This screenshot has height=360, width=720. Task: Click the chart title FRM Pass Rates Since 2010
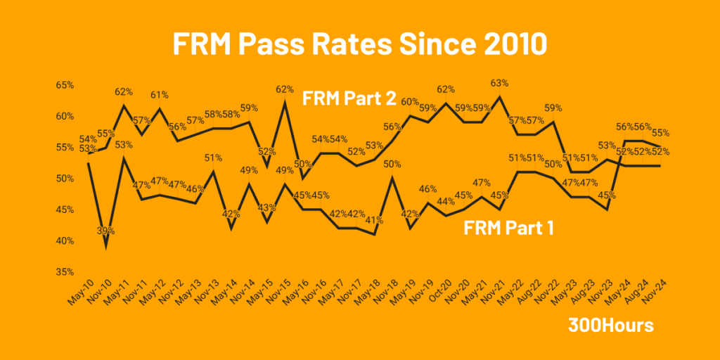pos(359,44)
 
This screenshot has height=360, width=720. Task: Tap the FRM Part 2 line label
pos(349,97)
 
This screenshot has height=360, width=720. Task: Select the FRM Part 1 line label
pos(508,228)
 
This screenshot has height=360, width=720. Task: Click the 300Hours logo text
pos(611,326)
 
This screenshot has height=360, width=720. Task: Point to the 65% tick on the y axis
pos(65,85)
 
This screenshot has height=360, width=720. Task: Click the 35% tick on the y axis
pos(65,272)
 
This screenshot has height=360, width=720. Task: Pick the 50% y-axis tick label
pos(65,179)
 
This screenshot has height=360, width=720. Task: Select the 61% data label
pos(160,95)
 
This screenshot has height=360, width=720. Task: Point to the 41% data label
pos(374,219)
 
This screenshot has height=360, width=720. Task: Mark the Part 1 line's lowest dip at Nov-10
pos(106,247)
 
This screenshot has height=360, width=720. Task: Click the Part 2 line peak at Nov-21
pos(500,97)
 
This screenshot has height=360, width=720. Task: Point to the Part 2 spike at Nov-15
pos(285,103)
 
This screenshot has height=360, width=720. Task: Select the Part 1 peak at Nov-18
pos(392,178)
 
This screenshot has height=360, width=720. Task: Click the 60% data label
pos(411,101)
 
